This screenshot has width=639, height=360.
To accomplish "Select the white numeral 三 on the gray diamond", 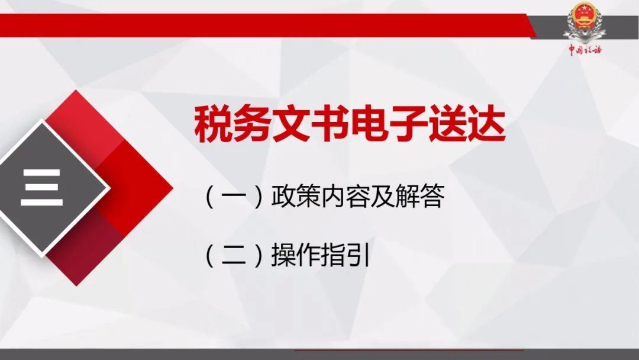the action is pyautogui.click(x=41, y=188).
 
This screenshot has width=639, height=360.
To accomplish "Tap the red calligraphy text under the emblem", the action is pyautogui.click(x=585, y=50).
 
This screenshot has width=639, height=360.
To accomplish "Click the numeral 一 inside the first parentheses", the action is pyautogui.click(x=234, y=197).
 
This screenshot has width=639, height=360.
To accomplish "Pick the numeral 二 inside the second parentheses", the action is pyautogui.click(x=234, y=255).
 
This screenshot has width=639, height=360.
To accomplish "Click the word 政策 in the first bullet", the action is pyautogui.click(x=295, y=197).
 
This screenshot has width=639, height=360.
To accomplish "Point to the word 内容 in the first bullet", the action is pyautogui.click(x=345, y=197).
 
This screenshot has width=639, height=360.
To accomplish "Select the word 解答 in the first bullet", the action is pyautogui.click(x=419, y=197).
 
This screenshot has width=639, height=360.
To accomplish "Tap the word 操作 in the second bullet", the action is pyautogui.click(x=295, y=255).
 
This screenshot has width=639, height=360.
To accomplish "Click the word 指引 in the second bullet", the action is pyautogui.click(x=345, y=255).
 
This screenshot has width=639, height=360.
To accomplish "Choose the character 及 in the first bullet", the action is pyautogui.click(x=382, y=197).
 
